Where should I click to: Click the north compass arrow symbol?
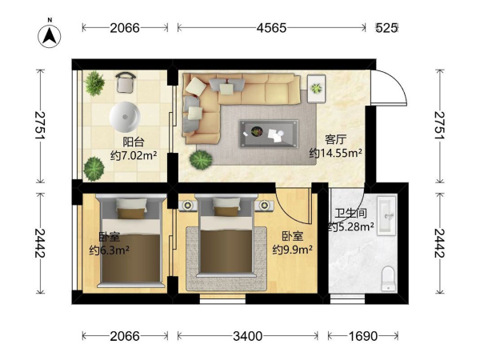click(50, 36)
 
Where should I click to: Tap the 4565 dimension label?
click(271, 28)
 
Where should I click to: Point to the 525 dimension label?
click(387, 28)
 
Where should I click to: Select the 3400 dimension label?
click(248, 336)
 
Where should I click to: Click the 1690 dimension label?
click(363, 336)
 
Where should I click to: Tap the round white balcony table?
click(125, 117)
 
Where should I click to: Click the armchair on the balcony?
click(126, 82)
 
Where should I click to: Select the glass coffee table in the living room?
click(269, 134)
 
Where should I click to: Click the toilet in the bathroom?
click(388, 279)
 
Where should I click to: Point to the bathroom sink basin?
click(386, 216)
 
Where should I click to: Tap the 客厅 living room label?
click(335, 139)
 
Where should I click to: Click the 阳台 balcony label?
click(134, 142)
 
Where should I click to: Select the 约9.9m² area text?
click(293, 250)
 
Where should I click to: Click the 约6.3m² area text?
click(110, 250)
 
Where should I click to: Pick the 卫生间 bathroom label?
click(351, 213)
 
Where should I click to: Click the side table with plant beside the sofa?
click(317, 89)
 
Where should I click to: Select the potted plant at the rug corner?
click(201, 160)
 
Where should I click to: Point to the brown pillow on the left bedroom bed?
click(130, 213)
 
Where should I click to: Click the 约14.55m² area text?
click(336, 153)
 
